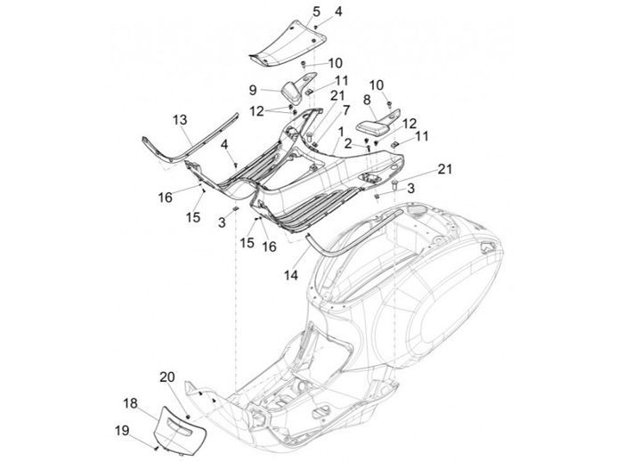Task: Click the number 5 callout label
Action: [316, 12]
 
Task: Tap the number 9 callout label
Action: [253, 90]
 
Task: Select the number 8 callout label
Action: [367, 101]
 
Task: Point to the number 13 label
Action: [180, 120]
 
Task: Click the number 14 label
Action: [291, 276]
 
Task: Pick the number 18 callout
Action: [131, 403]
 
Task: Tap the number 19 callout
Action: [122, 430]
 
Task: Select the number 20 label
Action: [167, 376]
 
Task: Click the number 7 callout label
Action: [346, 110]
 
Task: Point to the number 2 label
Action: [348, 143]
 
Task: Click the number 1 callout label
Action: [340, 132]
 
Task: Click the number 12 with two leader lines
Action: [257, 111]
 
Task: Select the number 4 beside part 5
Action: [338, 12]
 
